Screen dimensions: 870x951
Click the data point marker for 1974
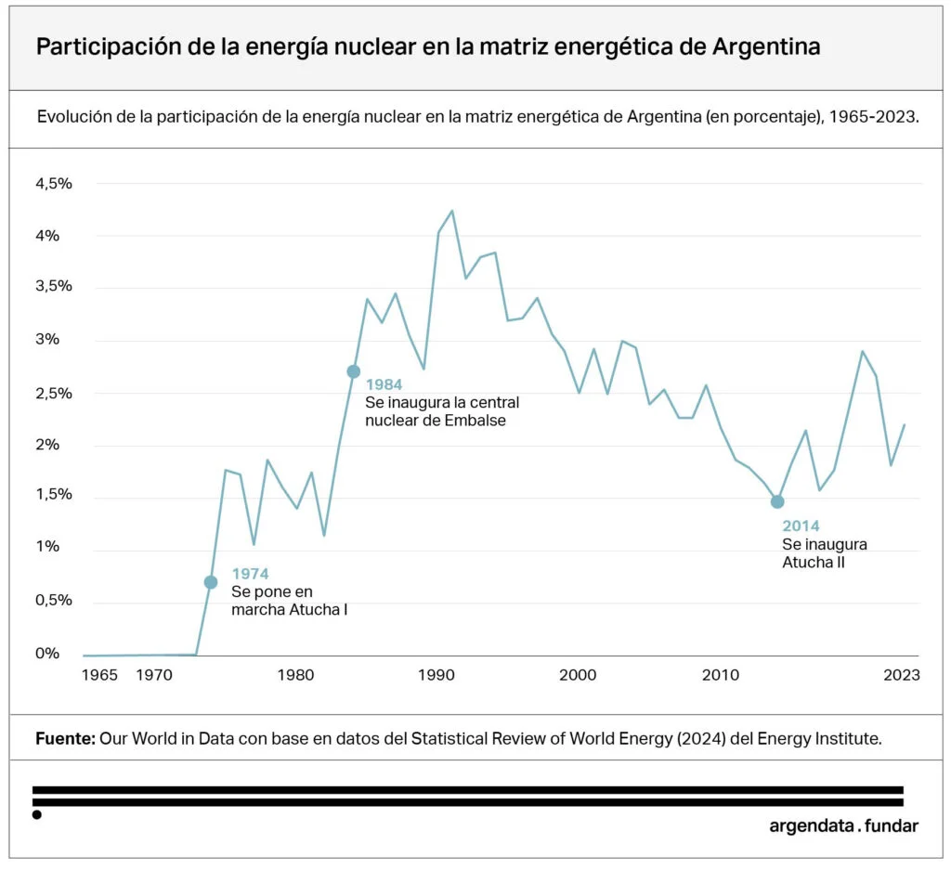coord(211,582)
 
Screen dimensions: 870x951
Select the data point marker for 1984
coord(353,371)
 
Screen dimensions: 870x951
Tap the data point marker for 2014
coord(777,501)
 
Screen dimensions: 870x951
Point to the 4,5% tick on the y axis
coord(54,184)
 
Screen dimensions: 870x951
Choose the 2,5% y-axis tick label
coord(54,394)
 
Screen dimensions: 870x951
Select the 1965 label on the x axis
coord(100,675)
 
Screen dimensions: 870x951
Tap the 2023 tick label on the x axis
coord(902,675)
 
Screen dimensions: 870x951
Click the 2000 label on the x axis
coord(579,675)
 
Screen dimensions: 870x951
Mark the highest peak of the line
coord(452,211)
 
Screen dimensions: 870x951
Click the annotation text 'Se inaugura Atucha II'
coord(825,553)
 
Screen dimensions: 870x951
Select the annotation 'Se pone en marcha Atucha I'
coord(289,601)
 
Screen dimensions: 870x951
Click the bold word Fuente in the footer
coord(65,739)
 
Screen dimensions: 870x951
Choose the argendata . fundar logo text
coord(843,825)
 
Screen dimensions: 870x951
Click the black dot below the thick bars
coord(36,815)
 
